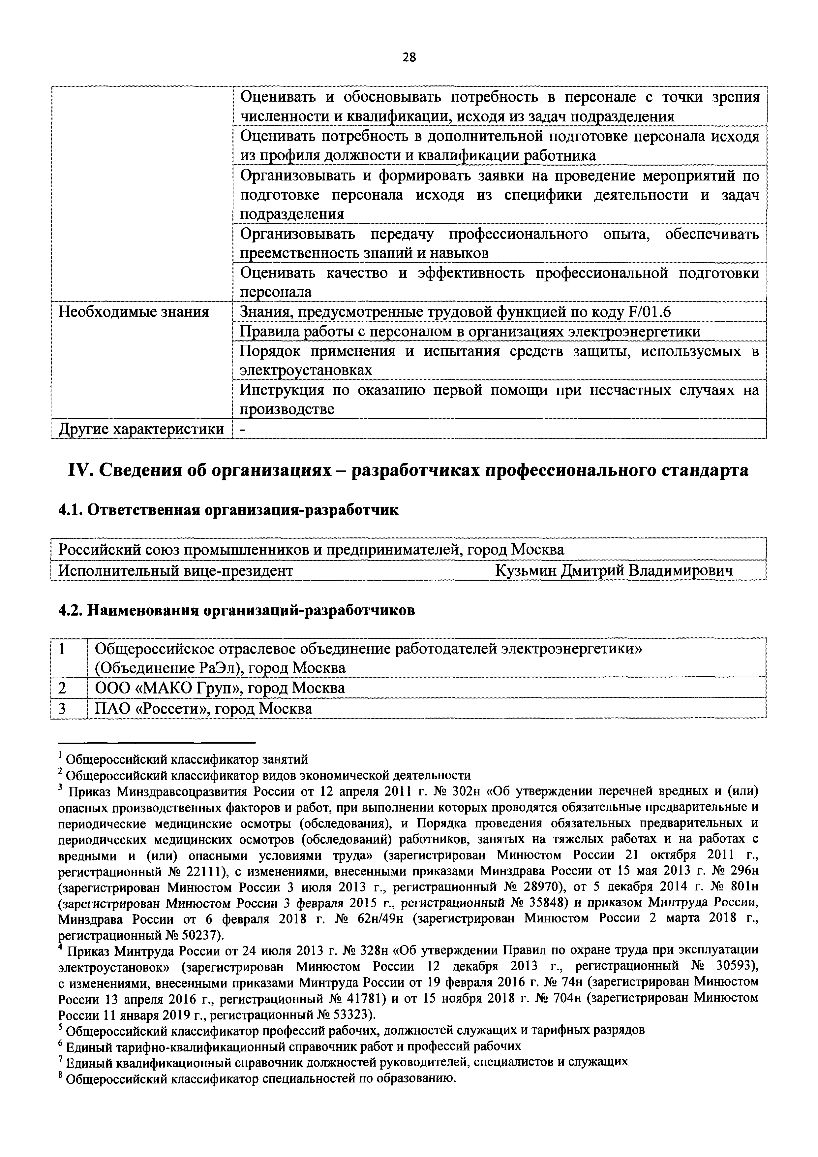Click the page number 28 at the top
[409, 57]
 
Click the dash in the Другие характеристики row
[242, 430]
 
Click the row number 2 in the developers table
[62, 688]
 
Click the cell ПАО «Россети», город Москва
[203, 709]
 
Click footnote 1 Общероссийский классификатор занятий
[186, 759]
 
